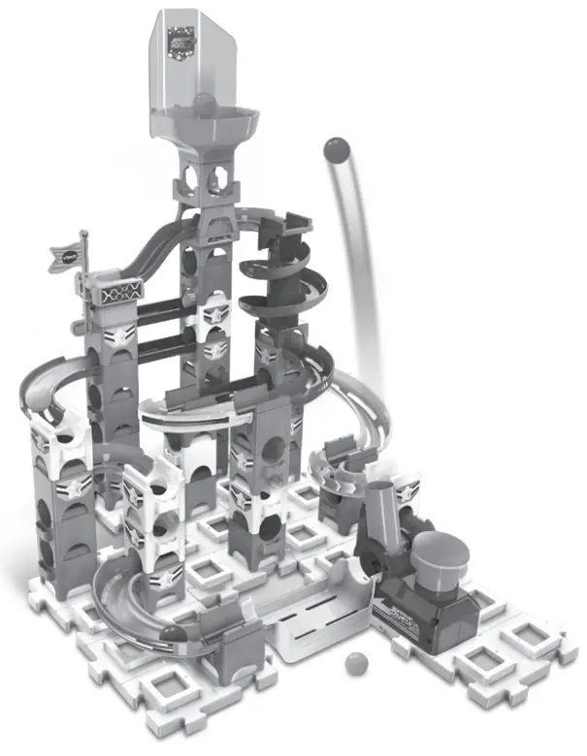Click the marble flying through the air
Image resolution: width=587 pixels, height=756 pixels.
(336, 149)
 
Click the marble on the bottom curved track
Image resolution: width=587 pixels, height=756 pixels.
(173, 634)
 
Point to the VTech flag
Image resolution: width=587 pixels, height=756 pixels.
(68, 256)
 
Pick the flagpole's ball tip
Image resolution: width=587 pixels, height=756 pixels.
(85, 234)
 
